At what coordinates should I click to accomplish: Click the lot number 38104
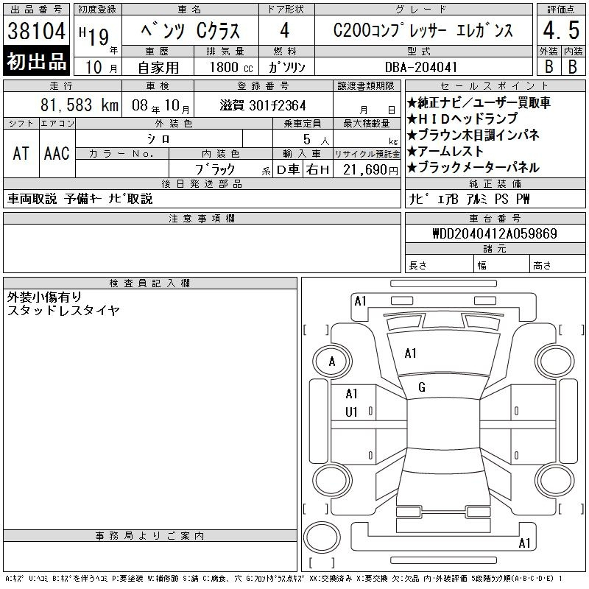tap(36, 31)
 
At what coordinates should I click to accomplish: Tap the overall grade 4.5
tap(561, 30)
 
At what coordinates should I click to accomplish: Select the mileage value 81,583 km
tap(80, 105)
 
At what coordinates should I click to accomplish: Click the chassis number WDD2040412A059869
tap(495, 233)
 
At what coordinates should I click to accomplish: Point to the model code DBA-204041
tap(421, 67)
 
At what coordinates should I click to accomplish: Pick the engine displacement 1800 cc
tap(231, 68)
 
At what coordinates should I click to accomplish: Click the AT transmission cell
tap(21, 153)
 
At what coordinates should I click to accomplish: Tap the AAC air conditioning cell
tap(57, 153)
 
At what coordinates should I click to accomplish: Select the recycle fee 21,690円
tap(370, 170)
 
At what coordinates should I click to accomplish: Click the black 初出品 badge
tap(36, 61)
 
